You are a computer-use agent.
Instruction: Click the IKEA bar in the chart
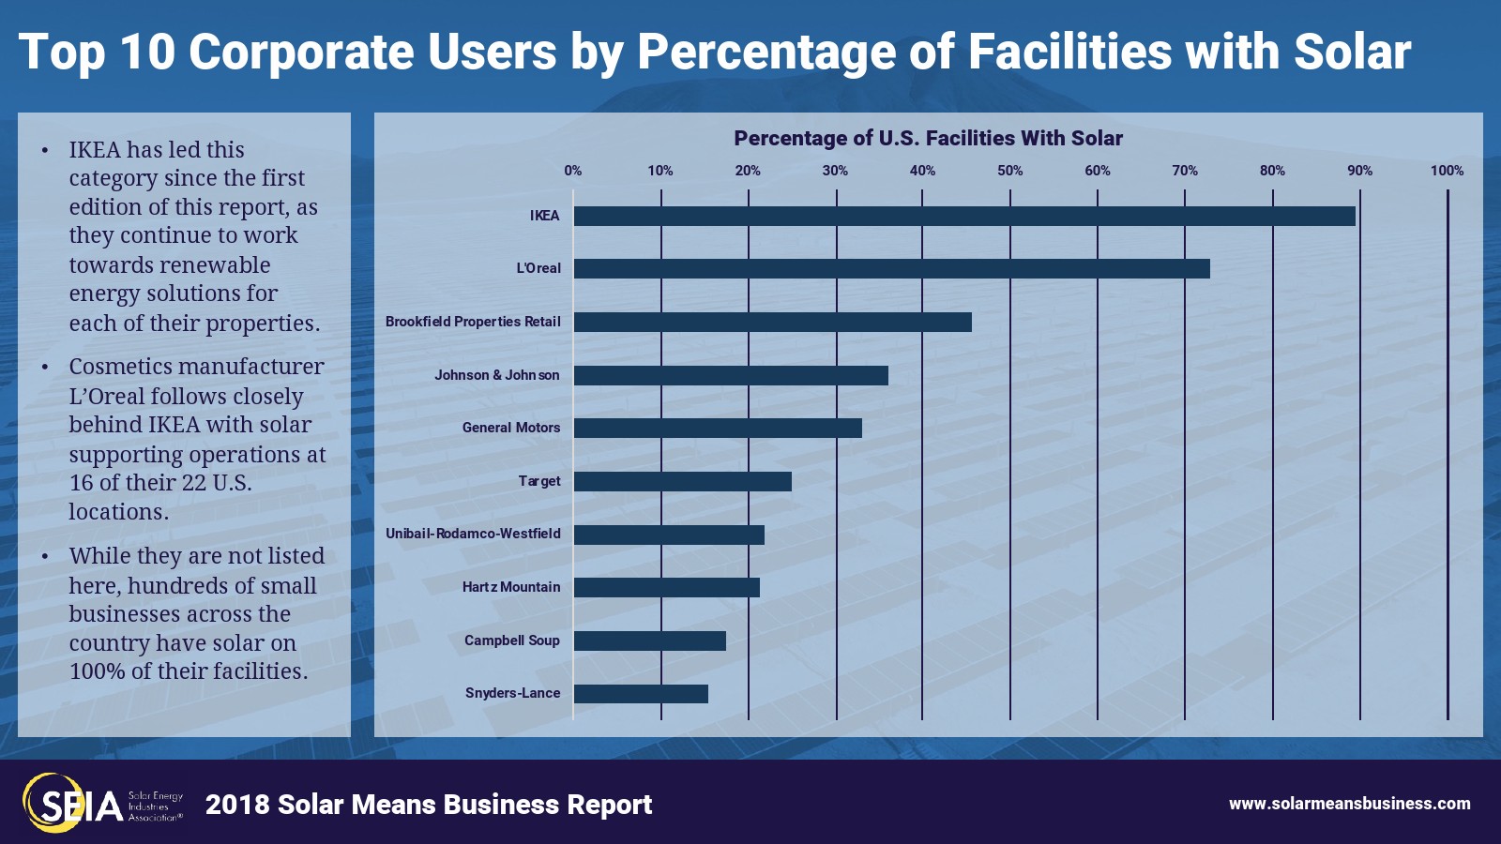click(964, 216)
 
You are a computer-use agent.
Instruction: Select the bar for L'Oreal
click(891, 269)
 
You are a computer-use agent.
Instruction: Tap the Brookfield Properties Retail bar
click(772, 322)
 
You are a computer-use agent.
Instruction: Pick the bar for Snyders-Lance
click(641, 694)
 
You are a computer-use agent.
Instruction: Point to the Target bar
click(682, 481)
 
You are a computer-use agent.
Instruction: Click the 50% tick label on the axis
click(1009, 171)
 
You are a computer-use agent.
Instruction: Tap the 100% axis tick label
click(1447, 171)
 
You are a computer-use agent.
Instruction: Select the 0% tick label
click(572, 171)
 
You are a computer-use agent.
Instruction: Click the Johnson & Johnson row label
click(496, 375)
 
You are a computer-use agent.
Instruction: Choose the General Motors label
click(510, 428)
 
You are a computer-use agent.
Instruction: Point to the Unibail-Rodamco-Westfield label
click(473, 534)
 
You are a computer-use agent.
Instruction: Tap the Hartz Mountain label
click(510, 587)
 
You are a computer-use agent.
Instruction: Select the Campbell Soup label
click(511, 641)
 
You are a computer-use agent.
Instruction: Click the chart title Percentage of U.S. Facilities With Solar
click(928, 139)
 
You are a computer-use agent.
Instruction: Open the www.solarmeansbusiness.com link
click(1349, 804)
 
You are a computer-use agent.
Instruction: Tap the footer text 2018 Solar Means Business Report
click(429, 805)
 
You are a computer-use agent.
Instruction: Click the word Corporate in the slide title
click(300, 52)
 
